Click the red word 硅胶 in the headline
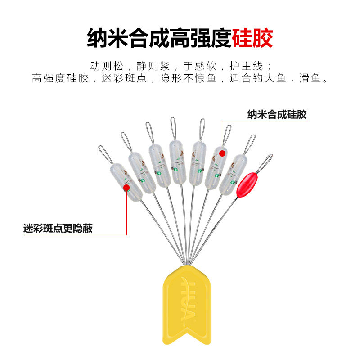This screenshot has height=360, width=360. pos(252,39)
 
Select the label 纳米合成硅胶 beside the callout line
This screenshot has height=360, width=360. pos(277,114)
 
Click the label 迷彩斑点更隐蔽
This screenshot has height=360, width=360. pos(58,228)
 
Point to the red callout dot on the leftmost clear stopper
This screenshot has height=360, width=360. pos(126,187)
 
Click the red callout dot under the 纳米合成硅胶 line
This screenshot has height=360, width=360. pos(222,153)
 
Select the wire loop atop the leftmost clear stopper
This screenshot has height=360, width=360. pos(105,154)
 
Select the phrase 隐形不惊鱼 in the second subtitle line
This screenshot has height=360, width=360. pos(195,79)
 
